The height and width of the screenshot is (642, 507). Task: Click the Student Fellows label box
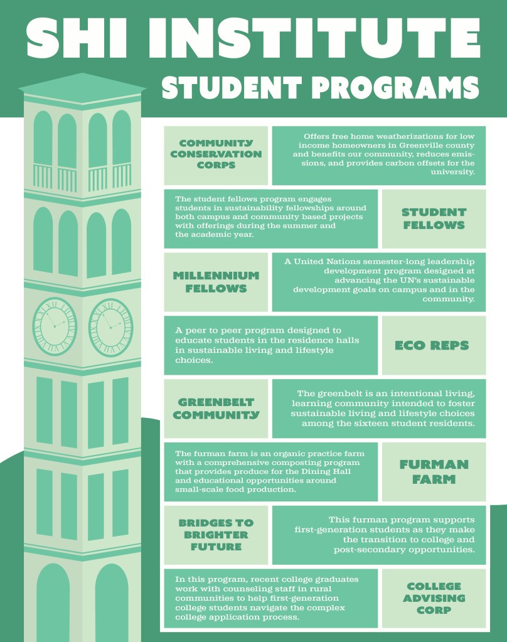434,218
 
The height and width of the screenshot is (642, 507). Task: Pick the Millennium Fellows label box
215,282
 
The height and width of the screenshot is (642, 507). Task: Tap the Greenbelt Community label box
215,409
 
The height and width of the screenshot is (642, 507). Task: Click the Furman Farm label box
434,472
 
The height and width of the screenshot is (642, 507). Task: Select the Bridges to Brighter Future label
215,535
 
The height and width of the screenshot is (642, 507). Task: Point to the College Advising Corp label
434,598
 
